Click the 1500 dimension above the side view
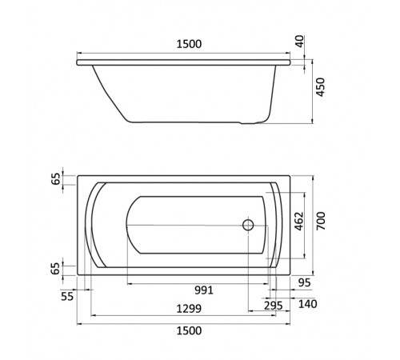click(189, 44)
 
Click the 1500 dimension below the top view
click(189, 330)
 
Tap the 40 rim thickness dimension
click(300, 42)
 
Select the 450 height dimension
click(320, 87)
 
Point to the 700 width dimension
click(321, 221)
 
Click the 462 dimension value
click(299, 221)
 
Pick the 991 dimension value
click(204, 290)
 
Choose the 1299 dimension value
click(189, 309)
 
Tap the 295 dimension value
click(274, 306)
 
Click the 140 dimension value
click(307, 304)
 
